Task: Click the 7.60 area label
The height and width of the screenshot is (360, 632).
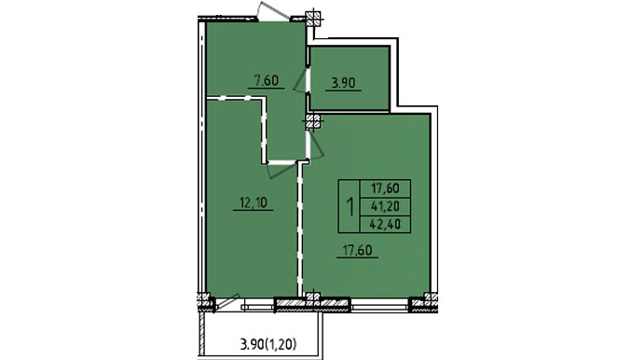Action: pyautogui.click(x=267, y=80)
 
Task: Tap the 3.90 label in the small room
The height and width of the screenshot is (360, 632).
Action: pyautogui.click(x=343, y=83)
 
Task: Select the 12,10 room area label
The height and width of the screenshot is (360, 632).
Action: pyautogui.click(x=254, y=202)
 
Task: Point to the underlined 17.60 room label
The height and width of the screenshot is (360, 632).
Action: pyautogui.click(x=357, y=250)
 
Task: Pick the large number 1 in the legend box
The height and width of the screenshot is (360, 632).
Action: pyautogui.click(x=350, y=206)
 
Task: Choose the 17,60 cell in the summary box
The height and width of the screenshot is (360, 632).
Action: pyautogui.click(x=385, y=188)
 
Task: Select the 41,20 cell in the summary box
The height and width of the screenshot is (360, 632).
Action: pyautogui.click(x=385, y=206)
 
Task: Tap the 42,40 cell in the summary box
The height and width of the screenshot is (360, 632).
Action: pyautogui.click(x=385, y=224)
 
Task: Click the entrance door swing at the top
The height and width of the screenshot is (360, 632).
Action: pyautogui.click(x=273, y=11)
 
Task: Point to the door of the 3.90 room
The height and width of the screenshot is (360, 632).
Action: pyautogui.click(x=301, y=80)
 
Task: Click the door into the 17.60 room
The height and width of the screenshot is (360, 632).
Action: pyautogui.click(x=316, y=145)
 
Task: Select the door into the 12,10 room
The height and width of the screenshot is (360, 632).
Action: pyautogui.click(x=282, y=169)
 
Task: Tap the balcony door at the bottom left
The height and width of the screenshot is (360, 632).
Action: pyautogui.click(x=227, y=302)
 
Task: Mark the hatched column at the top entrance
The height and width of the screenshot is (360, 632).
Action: pyautogui.click(x=313, y=19)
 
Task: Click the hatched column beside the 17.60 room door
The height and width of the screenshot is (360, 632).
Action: pyautogui.click(x=313, y=122)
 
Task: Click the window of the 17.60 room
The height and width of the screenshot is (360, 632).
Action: pyautogui.click(x=379, y=304)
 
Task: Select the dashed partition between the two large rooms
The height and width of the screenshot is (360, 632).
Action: pyautogui.click(x=300, y=228)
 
